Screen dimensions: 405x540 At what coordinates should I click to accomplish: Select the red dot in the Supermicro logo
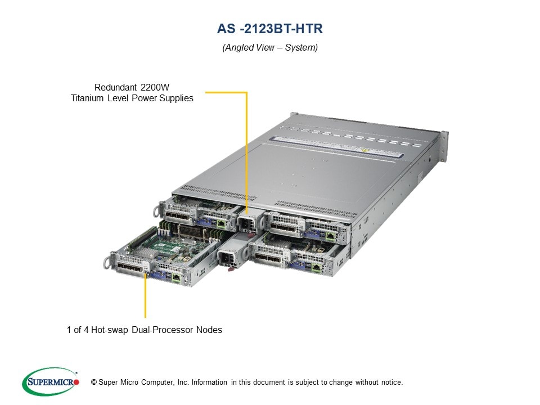76,382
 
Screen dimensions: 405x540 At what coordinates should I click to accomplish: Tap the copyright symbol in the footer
94,382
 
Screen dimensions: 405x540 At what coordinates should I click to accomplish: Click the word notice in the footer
390,382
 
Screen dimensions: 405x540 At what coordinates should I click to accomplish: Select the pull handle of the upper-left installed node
157,211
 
